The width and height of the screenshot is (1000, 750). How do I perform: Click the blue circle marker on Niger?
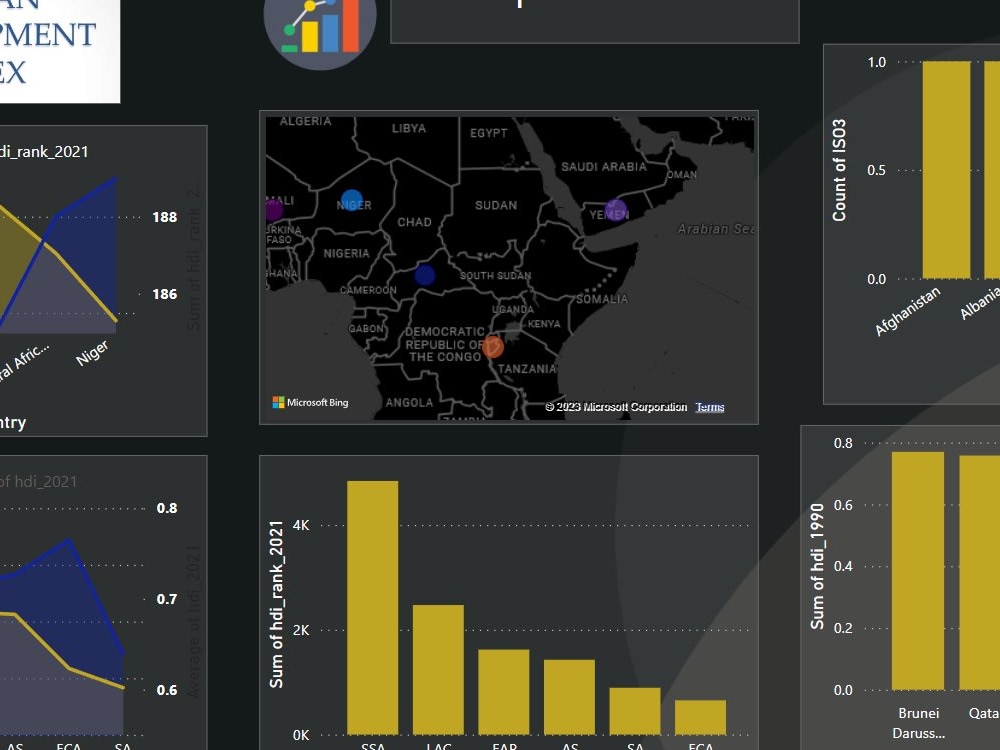click(351, 200)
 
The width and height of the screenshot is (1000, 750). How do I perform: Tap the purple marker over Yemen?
click(616, 210)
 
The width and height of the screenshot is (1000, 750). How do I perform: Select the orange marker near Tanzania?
click(493, 347)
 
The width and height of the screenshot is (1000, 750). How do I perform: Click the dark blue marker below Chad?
click(425, 274)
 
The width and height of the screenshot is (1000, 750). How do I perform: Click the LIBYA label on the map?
click(408, 129)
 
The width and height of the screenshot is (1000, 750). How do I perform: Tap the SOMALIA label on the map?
click(602, 299)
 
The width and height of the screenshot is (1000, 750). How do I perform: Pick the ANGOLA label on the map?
click(409, 403)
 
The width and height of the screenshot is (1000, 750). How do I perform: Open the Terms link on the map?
click(710, 407)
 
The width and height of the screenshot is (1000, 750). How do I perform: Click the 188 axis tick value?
click(165, 217)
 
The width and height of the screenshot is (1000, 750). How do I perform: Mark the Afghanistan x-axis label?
click(909, 311)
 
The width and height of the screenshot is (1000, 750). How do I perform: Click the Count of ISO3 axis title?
click(840, 170)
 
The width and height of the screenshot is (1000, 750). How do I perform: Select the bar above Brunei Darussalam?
click(917, 570)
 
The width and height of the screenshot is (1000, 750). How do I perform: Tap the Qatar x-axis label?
click(981, 714)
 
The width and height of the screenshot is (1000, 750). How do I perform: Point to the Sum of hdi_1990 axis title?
click(818, 565)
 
